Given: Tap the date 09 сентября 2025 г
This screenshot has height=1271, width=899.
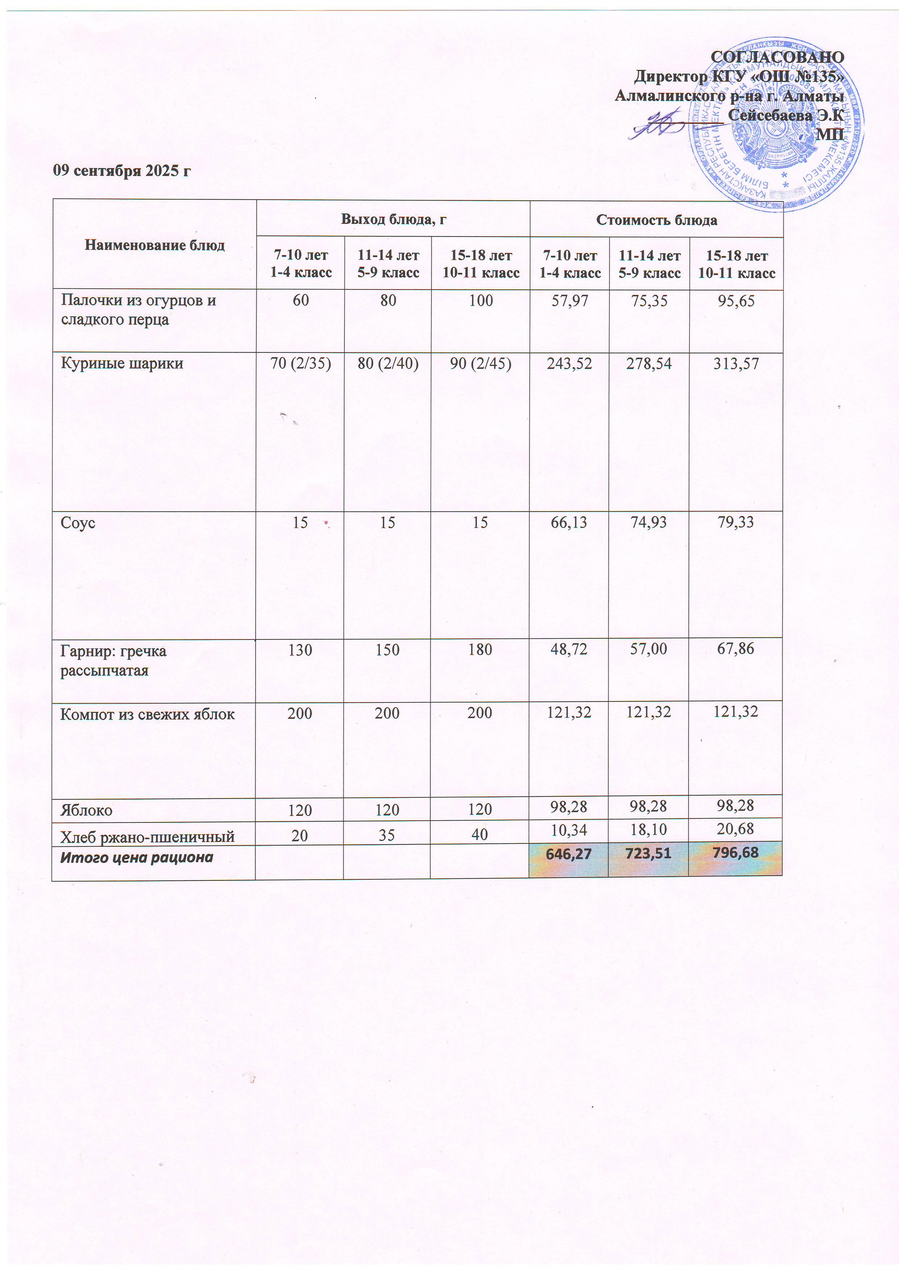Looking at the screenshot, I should click(x=122, y=171).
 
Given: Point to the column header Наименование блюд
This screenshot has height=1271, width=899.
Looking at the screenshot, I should click(x=154, y=245).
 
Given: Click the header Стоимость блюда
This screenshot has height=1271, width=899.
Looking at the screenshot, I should click(x=656, y=220).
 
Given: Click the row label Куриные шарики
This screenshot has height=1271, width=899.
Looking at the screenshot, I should click(x=122, y=364).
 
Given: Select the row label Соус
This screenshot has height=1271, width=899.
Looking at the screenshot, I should click(x=78, y=522).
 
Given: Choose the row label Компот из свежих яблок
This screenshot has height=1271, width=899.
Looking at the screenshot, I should click(x=147, y=714).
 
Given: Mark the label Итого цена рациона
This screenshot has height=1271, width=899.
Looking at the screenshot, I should click(x=137, y=858).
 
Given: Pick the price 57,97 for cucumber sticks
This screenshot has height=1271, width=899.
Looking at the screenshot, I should click(x=569, y=301).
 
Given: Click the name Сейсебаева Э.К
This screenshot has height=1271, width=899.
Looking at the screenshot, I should click(x=786, y=115).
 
